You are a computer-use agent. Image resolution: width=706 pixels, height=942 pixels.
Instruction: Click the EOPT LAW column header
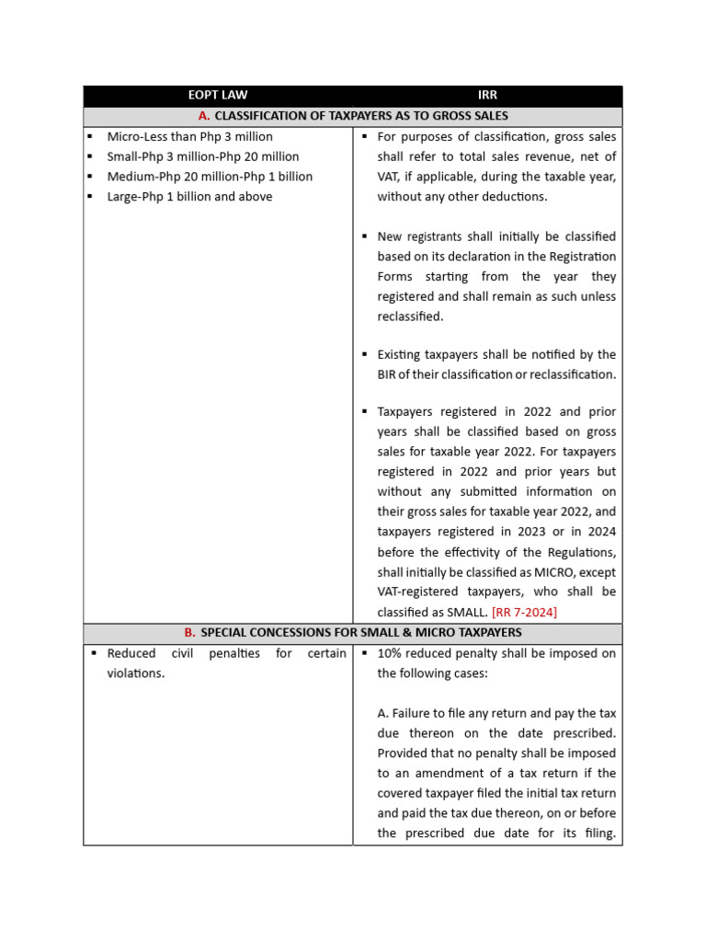(218, 95)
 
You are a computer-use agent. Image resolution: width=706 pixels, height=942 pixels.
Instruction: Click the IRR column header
(487, 95)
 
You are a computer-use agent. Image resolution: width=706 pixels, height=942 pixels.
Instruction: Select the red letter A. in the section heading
(204, 116)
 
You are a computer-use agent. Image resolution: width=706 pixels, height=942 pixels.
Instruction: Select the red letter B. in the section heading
(189, 633)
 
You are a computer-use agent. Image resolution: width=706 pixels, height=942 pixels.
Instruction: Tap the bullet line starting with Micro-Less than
(189, 137)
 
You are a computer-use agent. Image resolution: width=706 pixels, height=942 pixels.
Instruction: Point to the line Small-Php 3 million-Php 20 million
(202, 156)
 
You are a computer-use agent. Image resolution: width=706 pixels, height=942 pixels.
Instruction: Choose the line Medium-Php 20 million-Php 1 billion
(210, 177)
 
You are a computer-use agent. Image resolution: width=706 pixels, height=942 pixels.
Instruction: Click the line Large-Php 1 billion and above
(189, 197)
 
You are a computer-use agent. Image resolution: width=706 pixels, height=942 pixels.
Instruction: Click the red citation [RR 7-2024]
(524, 612)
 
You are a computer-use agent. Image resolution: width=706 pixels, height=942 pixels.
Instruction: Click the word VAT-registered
(419, 592)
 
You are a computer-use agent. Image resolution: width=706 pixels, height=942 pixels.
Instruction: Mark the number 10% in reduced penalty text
(391, 653)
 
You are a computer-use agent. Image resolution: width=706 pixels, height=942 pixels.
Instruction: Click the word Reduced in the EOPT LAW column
(132, 653)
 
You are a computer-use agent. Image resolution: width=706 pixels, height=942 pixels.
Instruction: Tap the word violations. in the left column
(136, 673)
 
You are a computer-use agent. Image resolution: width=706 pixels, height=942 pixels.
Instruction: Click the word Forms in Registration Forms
(396, 277)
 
